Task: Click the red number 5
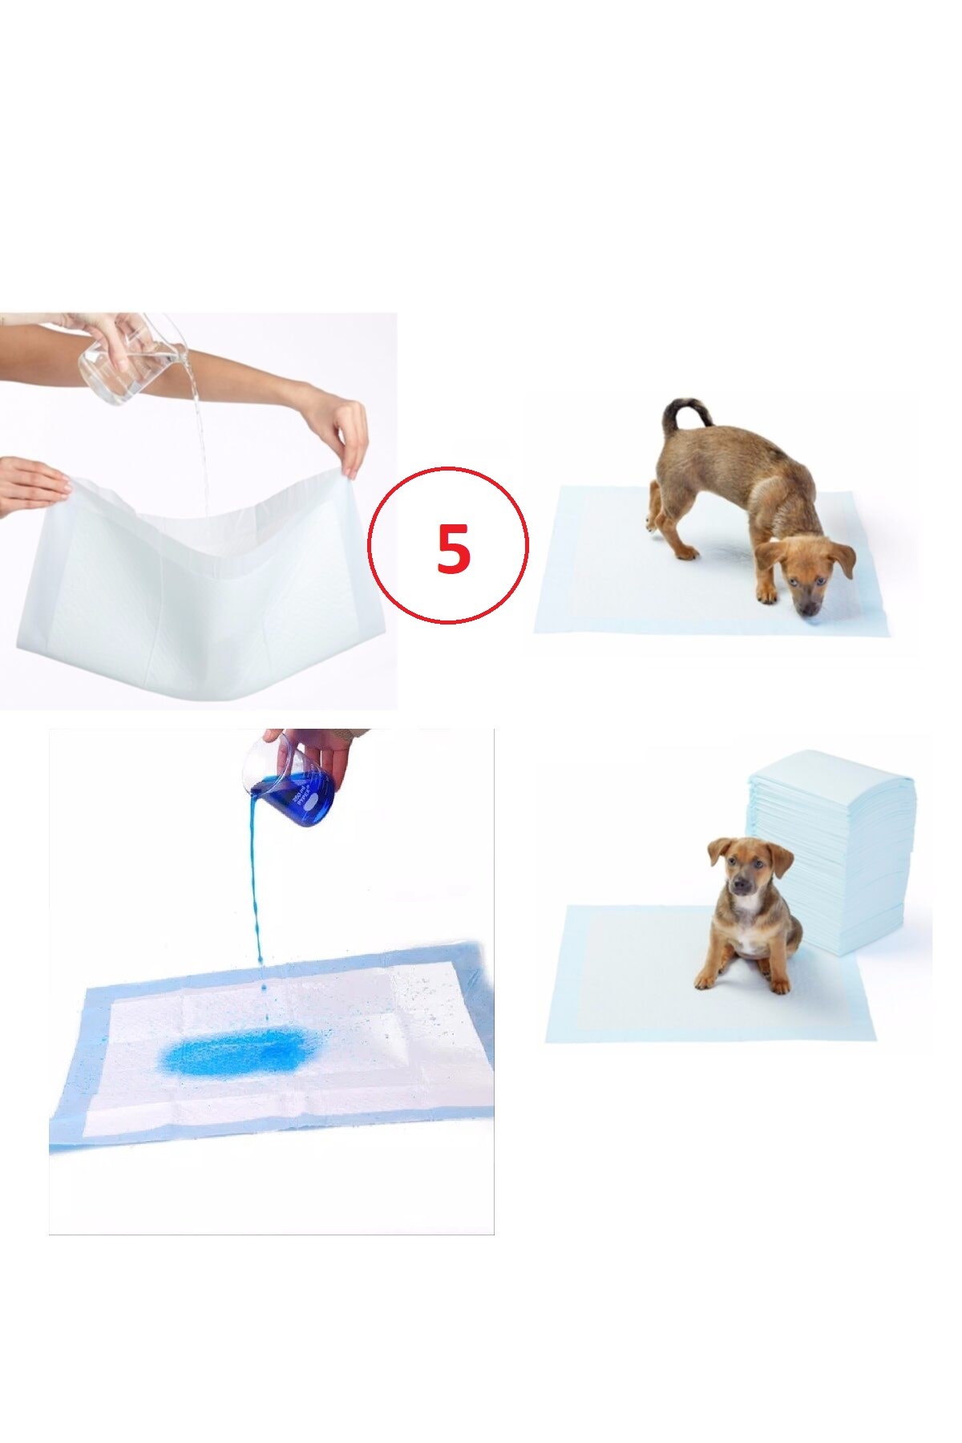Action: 452,548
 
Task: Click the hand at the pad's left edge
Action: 32,485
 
